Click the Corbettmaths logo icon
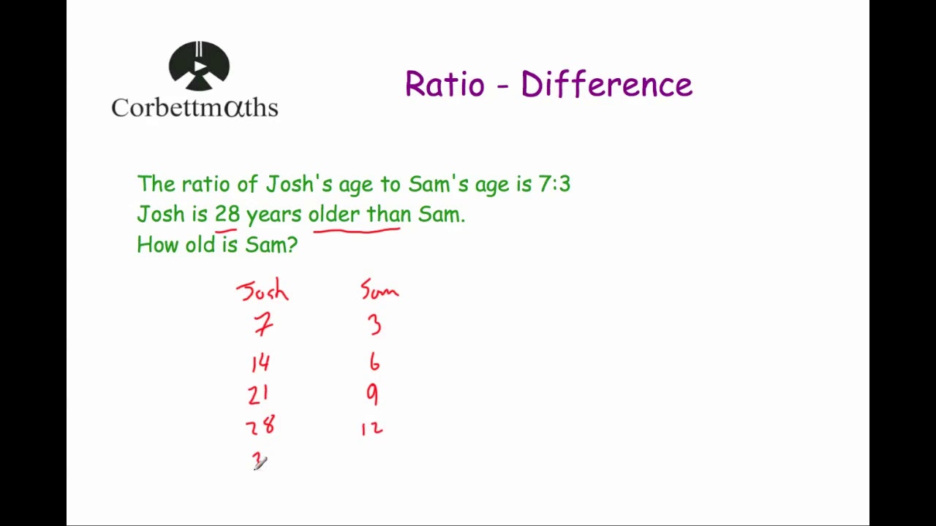(x=199, y=66)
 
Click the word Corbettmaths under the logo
(x=195, y=108)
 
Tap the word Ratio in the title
(x=444, y=85)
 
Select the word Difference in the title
(x=606, y=85)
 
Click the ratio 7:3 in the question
(x=554, y=184)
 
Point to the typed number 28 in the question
(x=227, y=215)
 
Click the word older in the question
(x=334, y=215)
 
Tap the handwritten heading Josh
(x=263, y=291)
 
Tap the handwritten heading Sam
(x=380, y=291)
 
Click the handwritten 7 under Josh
(x=263, y=324)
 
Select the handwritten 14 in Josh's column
(x=260, y=362)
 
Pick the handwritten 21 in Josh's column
(x=258, y=395)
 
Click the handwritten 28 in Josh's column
(x=260, y=426)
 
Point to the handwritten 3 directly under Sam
(x=374, y=324)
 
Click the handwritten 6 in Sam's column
(x=374, y=362)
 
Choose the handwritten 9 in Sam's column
(x=373, y=394)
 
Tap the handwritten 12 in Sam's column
(x=371, y=427)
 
